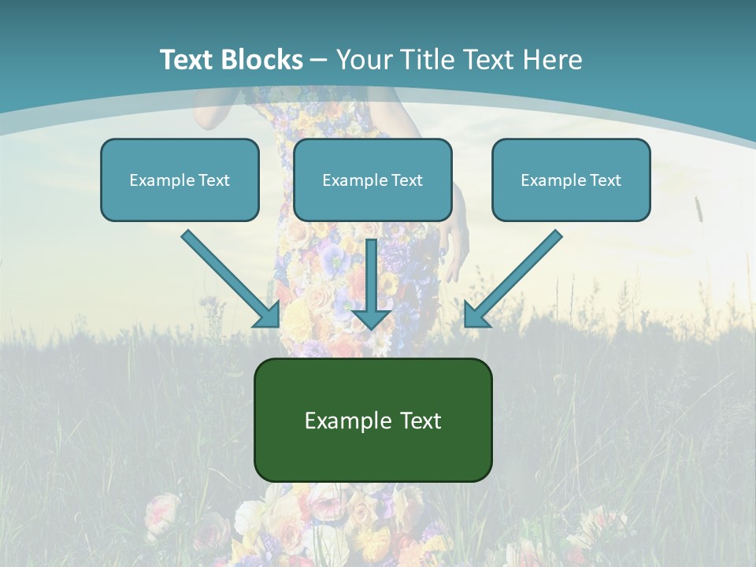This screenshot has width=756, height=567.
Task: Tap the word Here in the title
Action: tap(554, 60)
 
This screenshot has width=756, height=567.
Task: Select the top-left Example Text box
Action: tap(180, 180)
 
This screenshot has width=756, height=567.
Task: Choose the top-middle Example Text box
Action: tap(372, 180)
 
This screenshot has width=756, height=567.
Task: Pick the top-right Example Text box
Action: tap(571, 180)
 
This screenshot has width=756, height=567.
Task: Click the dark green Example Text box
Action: tap(372, 420)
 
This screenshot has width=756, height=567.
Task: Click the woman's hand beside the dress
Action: tap(455, 244)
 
